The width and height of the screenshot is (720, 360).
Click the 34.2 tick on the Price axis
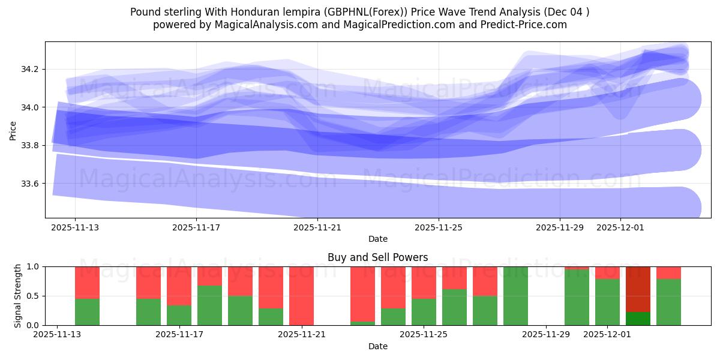[x=29, y=70]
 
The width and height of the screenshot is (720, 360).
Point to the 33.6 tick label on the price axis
[x=29, y=184]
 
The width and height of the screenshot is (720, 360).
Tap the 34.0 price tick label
[x=29, y=107]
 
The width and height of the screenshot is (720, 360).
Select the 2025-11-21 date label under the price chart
[x=317, y=228]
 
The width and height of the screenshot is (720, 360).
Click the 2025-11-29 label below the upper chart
[x=560, y=228]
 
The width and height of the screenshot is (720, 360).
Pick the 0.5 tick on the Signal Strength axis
[x=34, y=296]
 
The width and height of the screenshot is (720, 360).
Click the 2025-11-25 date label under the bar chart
[x=424, y=335]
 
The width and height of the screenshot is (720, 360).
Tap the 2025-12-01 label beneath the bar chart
[x=608, y=335]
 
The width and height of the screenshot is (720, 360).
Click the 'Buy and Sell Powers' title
[x=377, y=257]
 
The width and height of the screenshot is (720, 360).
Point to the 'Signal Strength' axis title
[x=18, y=295]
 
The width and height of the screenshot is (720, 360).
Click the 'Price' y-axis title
[x=13, y=130]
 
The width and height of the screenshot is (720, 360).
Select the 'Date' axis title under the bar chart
[x=377, y=346]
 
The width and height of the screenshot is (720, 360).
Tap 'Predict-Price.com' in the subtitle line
[x=526, y=25]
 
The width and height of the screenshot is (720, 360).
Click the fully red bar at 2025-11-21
[x=301, y=296]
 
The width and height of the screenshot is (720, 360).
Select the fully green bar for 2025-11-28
[x=515, y=296]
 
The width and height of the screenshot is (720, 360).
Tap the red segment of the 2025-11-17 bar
[x=179, y=286]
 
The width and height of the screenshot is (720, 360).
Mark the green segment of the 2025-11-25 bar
[x=424, y=312]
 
